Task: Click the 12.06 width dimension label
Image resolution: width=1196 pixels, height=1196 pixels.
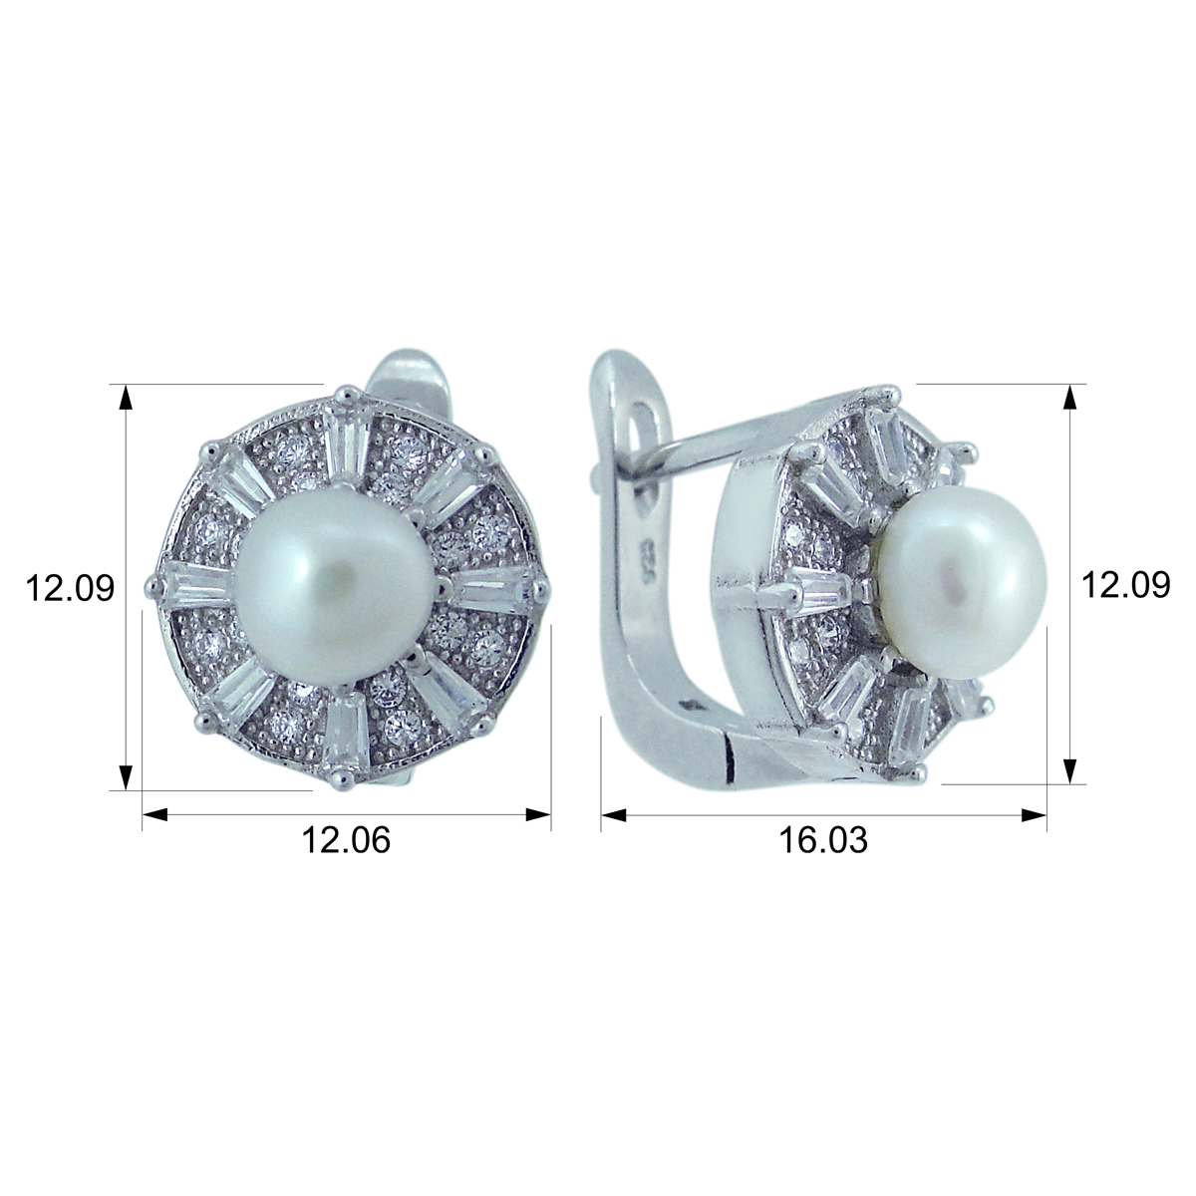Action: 346,840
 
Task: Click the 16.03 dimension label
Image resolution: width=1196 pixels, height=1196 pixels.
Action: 823,840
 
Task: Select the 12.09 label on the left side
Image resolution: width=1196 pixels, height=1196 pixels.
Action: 70,588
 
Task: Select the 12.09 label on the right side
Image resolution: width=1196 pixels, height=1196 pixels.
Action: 1125,584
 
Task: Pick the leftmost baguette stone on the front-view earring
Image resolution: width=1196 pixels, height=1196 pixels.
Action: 197,585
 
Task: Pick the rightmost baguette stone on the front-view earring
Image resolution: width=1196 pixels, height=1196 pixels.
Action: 490,588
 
